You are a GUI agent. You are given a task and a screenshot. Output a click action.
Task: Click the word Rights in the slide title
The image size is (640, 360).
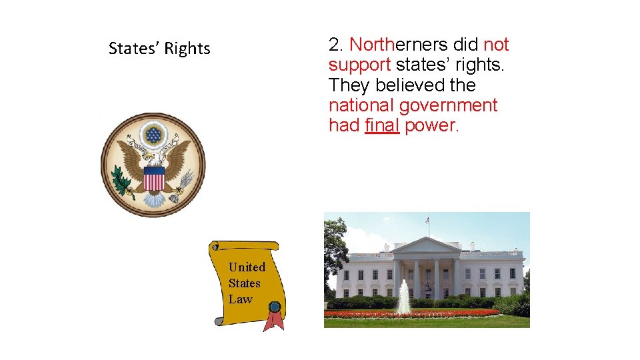tap(187, 49)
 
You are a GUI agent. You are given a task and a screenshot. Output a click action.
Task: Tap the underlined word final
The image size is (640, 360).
tap(382, 125)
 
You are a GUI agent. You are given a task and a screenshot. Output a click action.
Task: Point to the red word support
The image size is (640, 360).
tap(359, 65)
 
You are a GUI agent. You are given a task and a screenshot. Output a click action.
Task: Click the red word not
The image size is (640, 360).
tap(496, 45)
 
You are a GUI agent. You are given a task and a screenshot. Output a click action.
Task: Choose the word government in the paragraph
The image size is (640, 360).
tap(448, 105)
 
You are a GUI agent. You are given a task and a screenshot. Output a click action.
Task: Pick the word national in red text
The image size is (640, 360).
tap(360, 105)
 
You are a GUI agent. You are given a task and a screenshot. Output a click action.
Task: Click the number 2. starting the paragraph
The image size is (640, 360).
tap(337, 45)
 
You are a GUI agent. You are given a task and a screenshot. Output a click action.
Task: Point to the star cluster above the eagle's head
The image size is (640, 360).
tap(154, 135)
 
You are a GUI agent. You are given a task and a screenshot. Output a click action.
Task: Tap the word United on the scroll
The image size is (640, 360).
tap(247, 267)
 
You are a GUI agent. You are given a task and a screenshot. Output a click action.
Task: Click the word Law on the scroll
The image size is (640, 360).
tap(241, 299)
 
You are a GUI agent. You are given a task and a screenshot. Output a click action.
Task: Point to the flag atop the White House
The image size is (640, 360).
tap(428, 219)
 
